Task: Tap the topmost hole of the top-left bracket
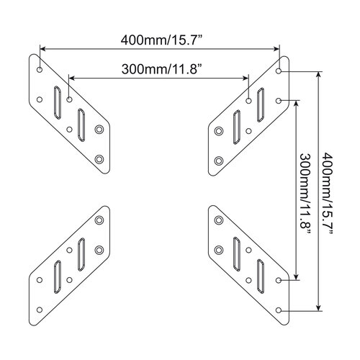pos(40,72)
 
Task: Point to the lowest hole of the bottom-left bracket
pos(40,311)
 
